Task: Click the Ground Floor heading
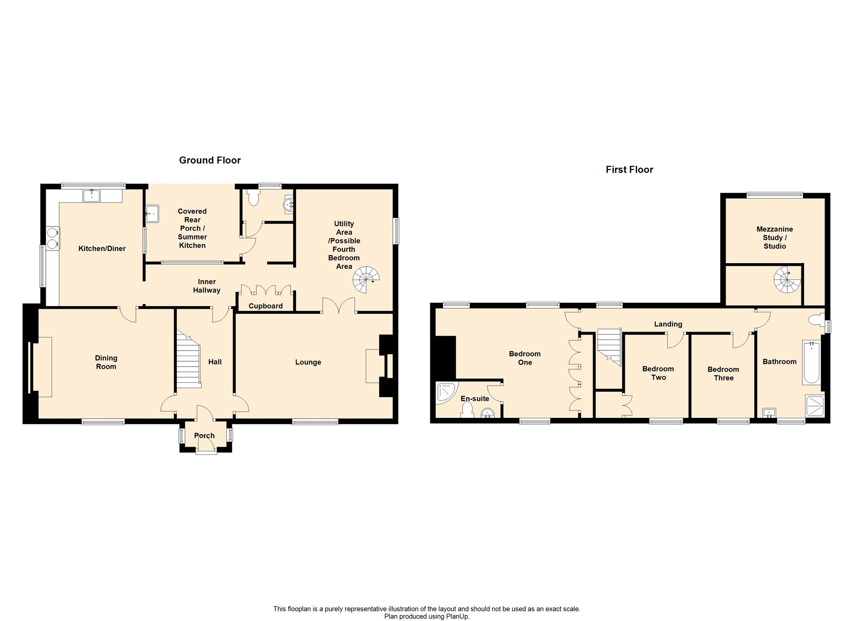point(210,160)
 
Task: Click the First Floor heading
point(629,169)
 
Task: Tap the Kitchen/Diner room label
point(102,249)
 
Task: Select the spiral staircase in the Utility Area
point(367,279)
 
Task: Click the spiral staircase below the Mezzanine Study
point(788,279)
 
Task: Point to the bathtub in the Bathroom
point(811,362)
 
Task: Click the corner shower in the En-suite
point(446,392)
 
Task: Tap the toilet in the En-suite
point(467,410)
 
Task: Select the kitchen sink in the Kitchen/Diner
point(91,195)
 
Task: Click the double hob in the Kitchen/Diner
point(53,238)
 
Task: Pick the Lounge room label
point(308,362)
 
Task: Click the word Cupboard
point(266,306)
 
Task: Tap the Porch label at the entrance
point(204,435)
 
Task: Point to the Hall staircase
point(188,359)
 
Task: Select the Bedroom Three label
point(723,374)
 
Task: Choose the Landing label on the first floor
point(668,324)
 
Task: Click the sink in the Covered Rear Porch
point(152,214)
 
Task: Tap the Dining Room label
point(106,362)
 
